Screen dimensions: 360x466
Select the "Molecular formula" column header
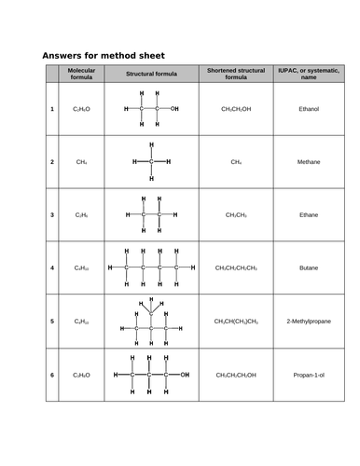(x=82, y=74)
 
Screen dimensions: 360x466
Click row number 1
(x=52, y=109)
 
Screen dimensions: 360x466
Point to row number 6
(x=52, y=375)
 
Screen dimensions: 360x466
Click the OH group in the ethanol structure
(x=175, y=109)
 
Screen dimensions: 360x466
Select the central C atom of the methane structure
(x=150, y=161)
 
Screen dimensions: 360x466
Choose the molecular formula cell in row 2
(x=81, y=161)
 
